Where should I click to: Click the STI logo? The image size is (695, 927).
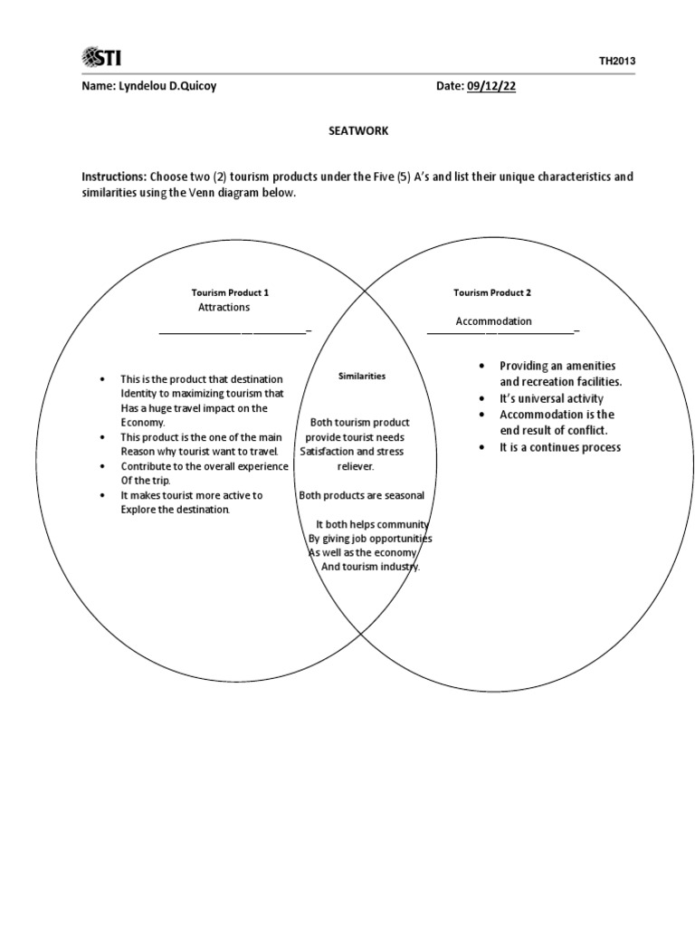click(101, 58)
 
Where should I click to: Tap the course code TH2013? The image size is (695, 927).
click(617, 61)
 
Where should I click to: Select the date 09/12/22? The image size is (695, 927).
click(491, 85)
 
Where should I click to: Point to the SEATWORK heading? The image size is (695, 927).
click(357, 130)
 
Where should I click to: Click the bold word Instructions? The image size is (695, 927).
click(114, 177)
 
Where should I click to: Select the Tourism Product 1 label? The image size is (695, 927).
click(230, 292)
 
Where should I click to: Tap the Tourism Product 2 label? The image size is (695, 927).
click(492, 292)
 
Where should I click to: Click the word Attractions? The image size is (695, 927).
click(224, 308)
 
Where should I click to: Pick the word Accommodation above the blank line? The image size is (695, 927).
click(493, 321)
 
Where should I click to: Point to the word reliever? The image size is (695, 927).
click(356, 466)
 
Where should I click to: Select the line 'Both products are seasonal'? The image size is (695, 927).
click(362, 495)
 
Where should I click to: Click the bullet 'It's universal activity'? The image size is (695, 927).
click(551, 398)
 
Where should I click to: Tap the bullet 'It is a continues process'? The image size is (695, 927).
click(560, 447)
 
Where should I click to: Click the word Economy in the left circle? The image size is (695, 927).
click(143, 423)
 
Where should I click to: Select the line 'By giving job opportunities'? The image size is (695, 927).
click(370, 539)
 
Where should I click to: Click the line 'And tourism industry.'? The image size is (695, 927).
click(371, 568)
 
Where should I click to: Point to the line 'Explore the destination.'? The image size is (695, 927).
click(176, 510)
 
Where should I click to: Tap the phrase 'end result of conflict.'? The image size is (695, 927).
click(554, 431)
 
